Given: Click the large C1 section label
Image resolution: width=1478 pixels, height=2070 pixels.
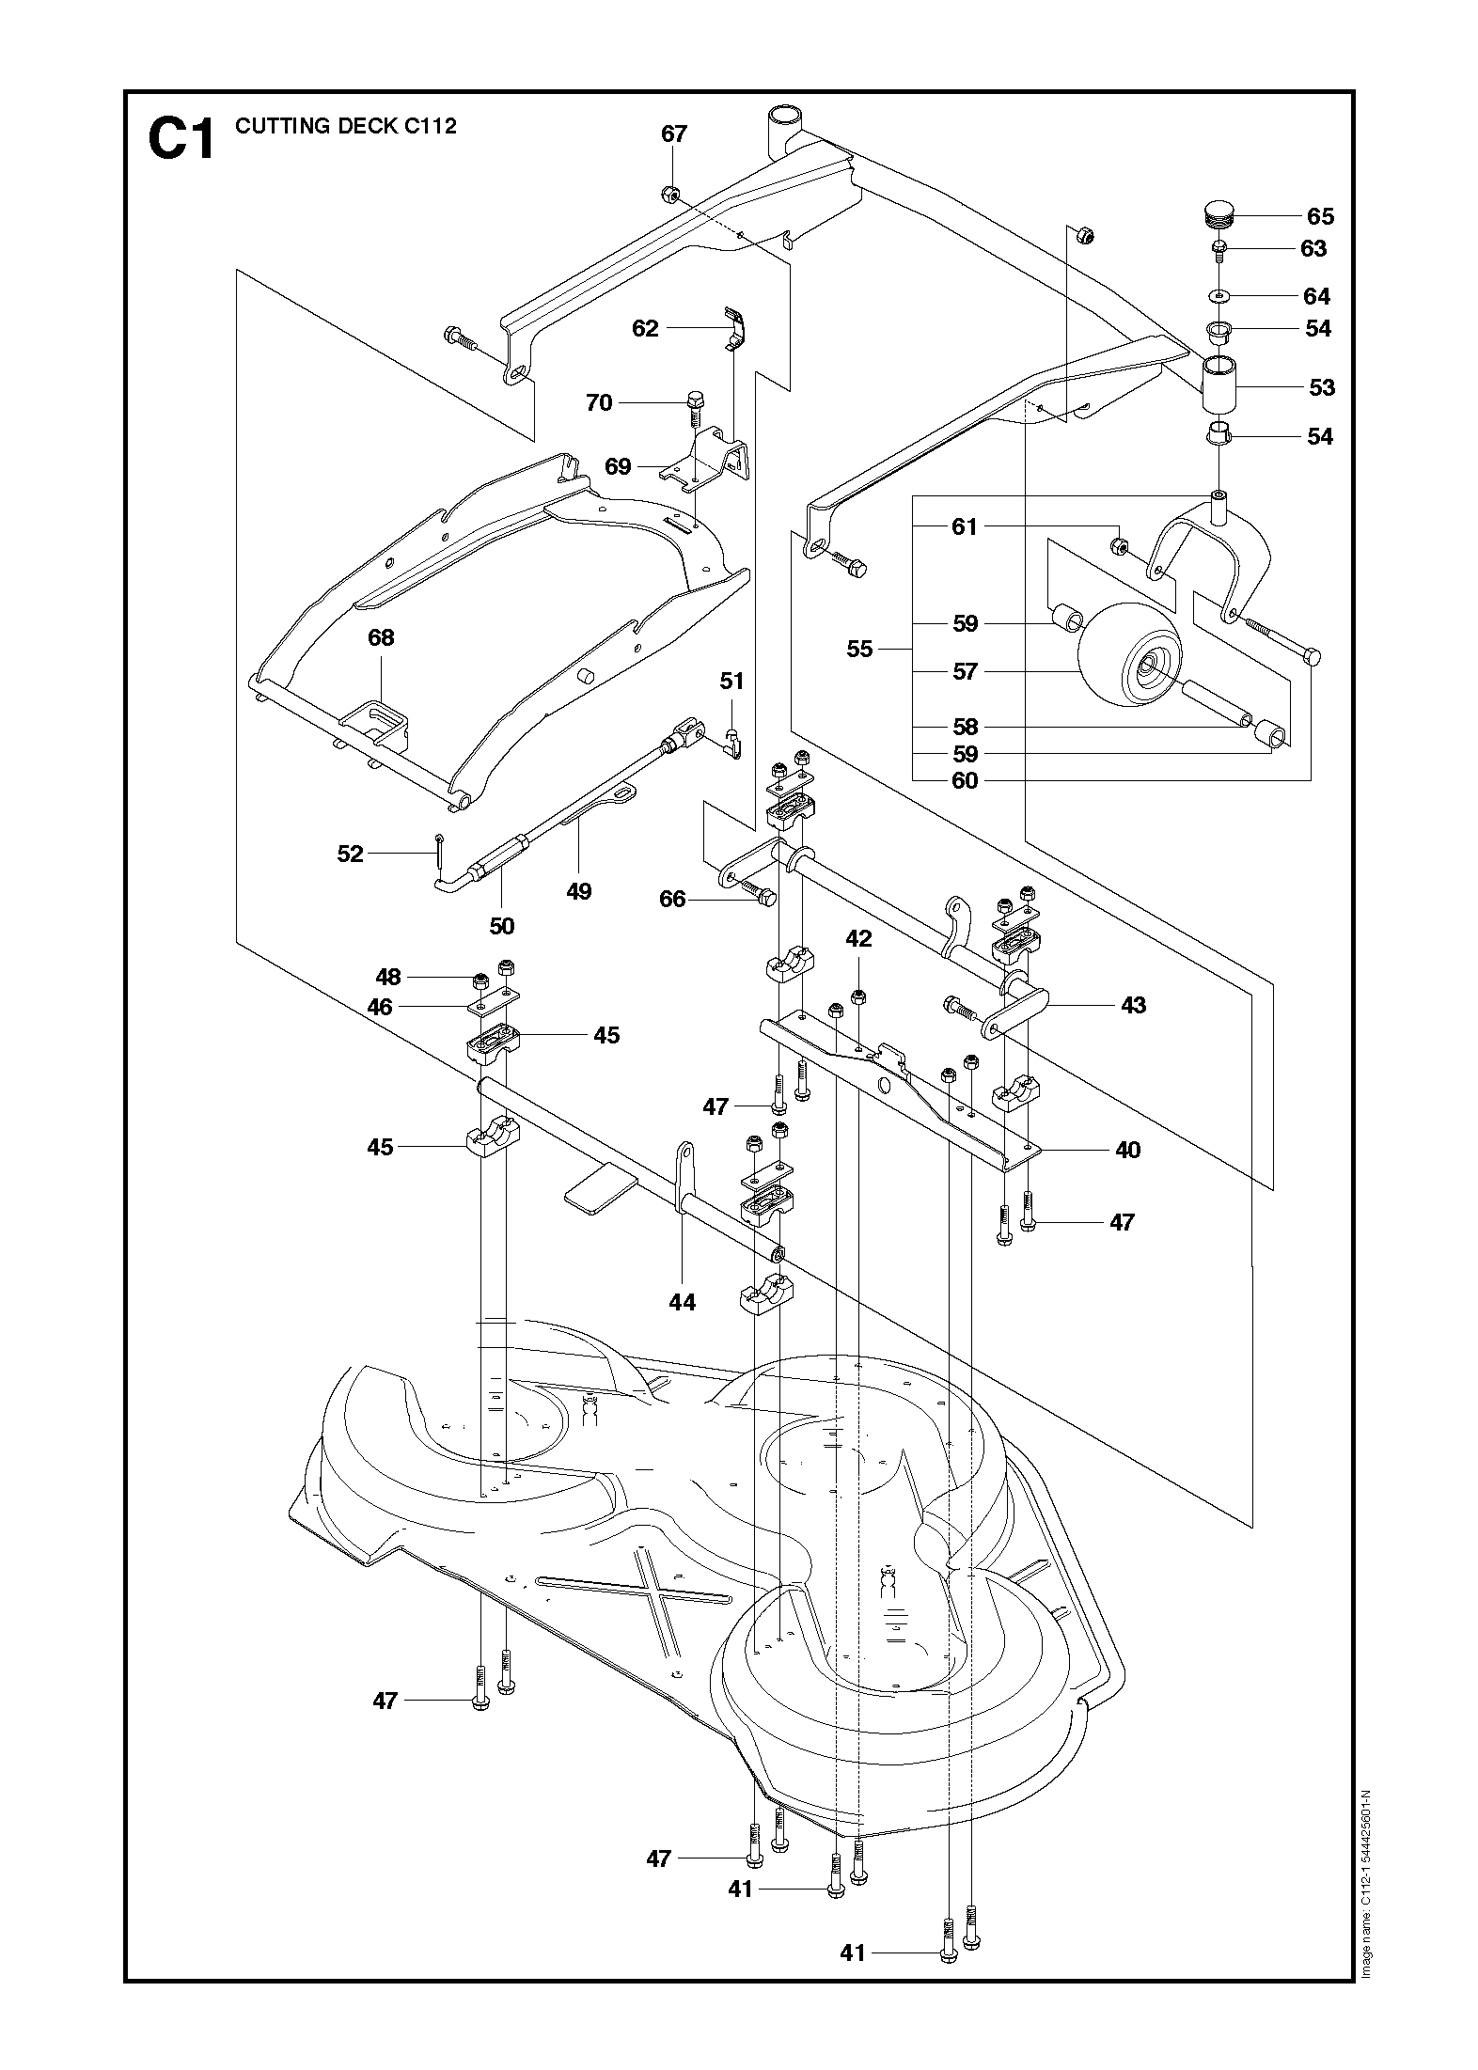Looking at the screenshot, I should coord(181,139).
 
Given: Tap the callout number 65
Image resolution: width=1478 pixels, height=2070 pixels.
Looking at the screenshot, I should coord(1320,216).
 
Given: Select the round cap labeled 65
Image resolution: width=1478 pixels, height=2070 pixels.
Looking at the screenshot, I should coord(1219,214).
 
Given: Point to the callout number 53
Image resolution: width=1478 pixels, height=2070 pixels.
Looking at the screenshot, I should coord(1321,387).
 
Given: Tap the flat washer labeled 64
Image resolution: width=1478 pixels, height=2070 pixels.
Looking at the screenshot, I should coord(1219,296).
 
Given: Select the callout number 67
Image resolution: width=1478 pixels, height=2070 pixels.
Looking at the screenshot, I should coord(674,133).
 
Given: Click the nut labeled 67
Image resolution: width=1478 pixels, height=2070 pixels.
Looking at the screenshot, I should coord(669,195).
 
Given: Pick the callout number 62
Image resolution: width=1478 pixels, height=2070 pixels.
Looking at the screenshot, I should coord(645,328).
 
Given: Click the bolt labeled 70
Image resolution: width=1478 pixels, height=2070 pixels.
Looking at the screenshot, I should coord(695,404).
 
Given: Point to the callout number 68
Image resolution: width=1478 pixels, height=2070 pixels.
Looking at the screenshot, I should coord(381,637).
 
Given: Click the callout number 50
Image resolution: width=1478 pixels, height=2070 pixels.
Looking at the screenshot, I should coord(502,926).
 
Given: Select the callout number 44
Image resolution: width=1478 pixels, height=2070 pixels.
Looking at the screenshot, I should coord(682,1302).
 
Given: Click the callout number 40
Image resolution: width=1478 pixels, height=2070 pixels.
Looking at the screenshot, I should coord(1126,1150).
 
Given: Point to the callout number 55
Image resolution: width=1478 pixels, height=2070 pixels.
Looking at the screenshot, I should coord(859,649).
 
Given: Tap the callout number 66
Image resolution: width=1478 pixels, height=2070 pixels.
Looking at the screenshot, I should coord(672,900).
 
